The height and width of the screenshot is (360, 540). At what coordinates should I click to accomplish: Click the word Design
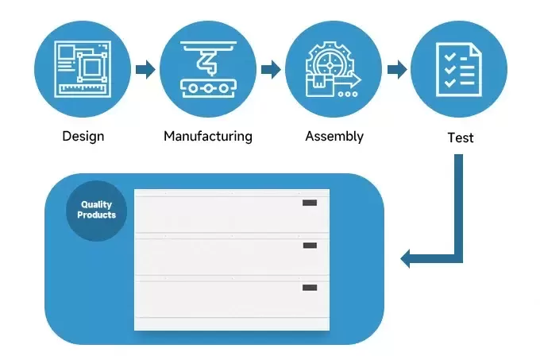[83, 137]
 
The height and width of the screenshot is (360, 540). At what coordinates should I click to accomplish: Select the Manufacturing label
[208, 136]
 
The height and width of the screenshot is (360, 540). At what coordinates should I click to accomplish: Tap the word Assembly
[334, 137]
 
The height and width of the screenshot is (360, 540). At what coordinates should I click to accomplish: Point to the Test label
[461, 137]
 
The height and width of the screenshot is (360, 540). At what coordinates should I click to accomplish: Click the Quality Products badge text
[96, 210]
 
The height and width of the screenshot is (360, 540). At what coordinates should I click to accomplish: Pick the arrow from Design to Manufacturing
[145, 70]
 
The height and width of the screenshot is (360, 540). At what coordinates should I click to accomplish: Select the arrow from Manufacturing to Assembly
[271, 70]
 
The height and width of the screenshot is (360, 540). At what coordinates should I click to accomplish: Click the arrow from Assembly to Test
[397, 70]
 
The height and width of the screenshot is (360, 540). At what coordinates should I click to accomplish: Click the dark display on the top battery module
[310, 203]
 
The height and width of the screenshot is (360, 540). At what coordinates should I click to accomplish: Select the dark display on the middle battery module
[310, 246]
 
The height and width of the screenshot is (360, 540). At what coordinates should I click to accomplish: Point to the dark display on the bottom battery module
[310, 288]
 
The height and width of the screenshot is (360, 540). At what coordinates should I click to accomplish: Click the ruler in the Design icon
[83, 89]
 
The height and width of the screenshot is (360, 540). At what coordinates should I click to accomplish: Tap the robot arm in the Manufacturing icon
[208, 62]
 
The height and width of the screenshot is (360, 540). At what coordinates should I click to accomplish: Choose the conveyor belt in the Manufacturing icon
[208, 88]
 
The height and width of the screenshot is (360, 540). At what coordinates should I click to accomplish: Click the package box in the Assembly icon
[319, 85]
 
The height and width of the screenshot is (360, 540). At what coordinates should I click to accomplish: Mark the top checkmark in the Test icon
[449, 57]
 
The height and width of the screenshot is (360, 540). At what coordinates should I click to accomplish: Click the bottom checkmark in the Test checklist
[449, 83]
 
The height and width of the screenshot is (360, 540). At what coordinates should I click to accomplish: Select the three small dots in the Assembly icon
[348, 94]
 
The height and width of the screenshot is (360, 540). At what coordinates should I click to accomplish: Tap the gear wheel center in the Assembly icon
[330, 65]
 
